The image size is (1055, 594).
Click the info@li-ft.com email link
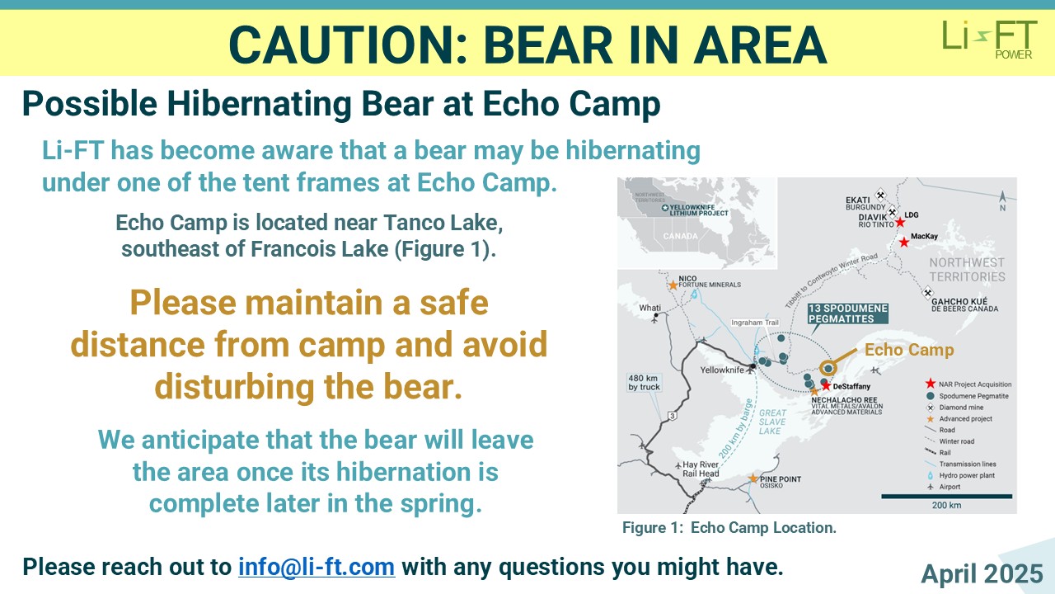[x=316, y=567]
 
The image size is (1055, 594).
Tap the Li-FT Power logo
[x=990, y=40]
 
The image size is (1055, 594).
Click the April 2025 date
[x=982, y=573]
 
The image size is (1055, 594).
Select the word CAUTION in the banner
[x=348, y=45]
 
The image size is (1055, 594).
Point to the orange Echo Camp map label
[x=909, y=350]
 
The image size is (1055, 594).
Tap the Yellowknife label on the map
[x=721, y=370]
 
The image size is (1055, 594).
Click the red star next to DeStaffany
[x=826, y=385]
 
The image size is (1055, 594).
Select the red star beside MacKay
[x=904, y=243]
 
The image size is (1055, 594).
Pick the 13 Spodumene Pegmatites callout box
[x=848, y=313]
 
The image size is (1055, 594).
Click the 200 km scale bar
[x=947, y=497]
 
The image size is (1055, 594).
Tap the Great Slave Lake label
[x=772, y=422]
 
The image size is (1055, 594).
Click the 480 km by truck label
[x=644, y=382]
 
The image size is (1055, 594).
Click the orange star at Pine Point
[x=753, y=479]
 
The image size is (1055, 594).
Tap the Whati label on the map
[x=650, y=308]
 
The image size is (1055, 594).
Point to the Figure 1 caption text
[x=729, y=527]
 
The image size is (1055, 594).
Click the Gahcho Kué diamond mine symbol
[x=927, y=293]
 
